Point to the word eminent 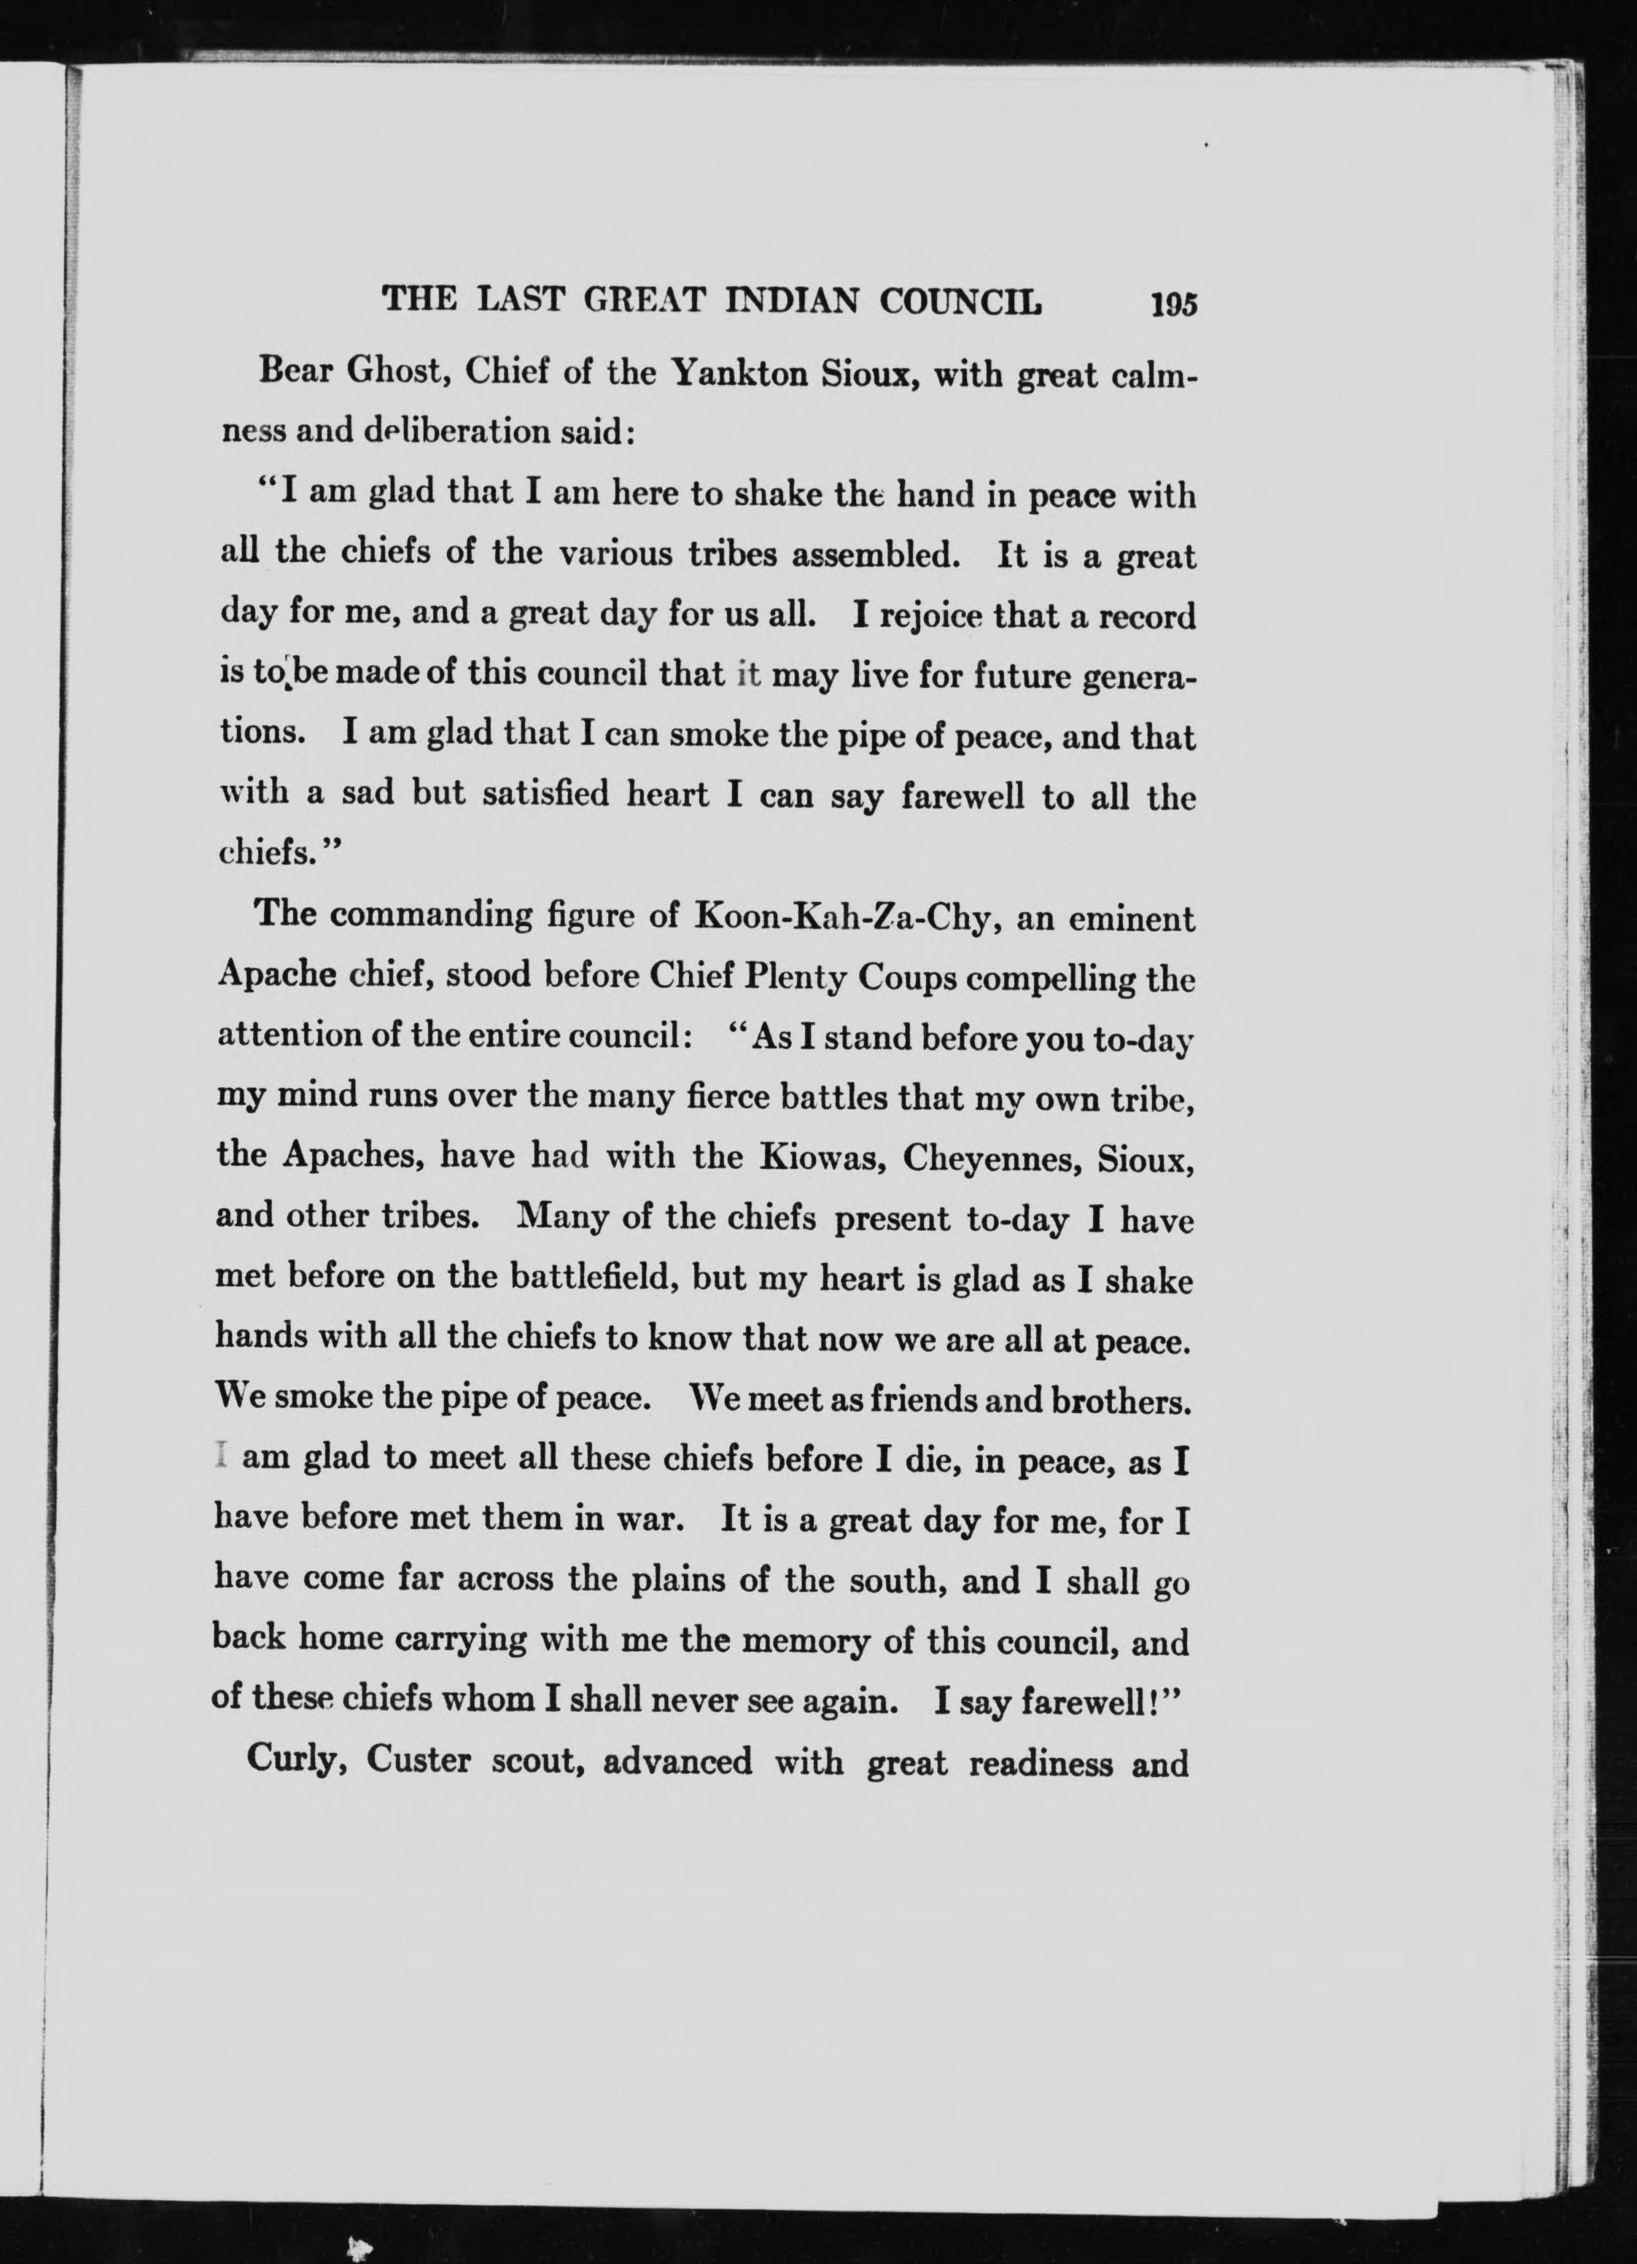pos(1132,917)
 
